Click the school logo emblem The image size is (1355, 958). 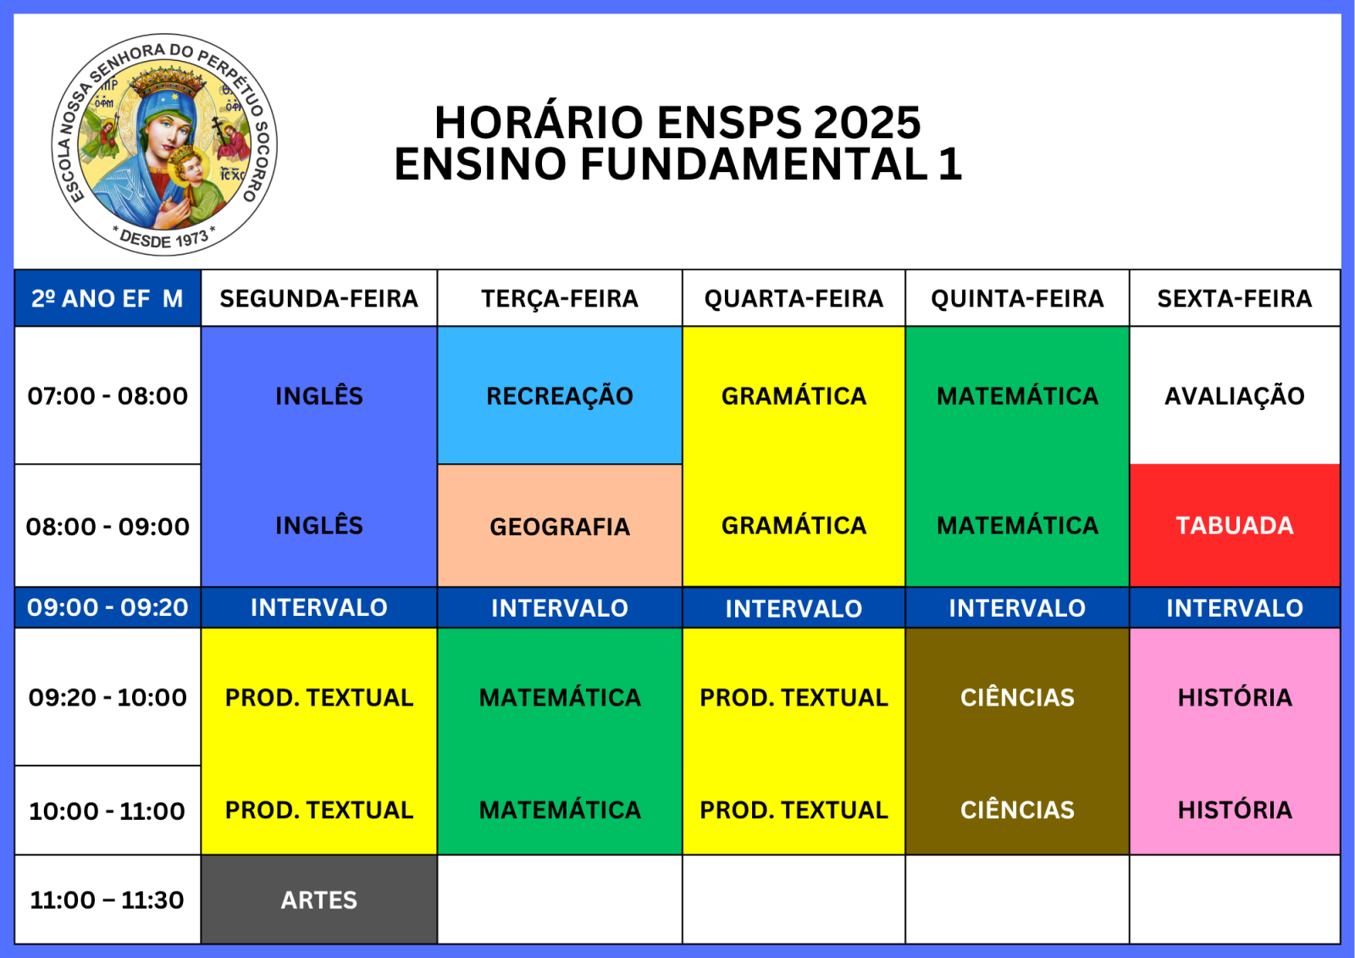click(164, 145)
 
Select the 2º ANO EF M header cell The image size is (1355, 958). click(108, 298)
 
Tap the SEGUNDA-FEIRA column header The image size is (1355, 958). click(318, 298)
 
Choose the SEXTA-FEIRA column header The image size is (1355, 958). click(1235, 298)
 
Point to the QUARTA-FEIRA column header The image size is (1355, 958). click(794, 298)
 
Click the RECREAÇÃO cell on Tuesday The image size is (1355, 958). click(560, 396)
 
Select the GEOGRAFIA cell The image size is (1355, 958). click(560, 526)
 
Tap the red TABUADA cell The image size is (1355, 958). click(1235, 525)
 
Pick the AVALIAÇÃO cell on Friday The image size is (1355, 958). click(1235, 396)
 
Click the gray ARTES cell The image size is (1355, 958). click(318, 900)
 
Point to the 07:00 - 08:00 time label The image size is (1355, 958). click(108, 396)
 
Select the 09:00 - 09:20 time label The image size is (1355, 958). click(108, 607)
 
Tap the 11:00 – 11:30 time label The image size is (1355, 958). click(107, 900)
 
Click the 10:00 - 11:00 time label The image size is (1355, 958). click(107, 811)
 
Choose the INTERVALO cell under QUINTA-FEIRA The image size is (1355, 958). click(1017, 607)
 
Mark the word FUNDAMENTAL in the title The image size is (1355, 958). click(754, 164)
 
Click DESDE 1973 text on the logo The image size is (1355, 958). click(163, 238)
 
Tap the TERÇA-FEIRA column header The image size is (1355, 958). click(560, 298)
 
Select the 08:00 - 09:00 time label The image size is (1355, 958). click(108, 527)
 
